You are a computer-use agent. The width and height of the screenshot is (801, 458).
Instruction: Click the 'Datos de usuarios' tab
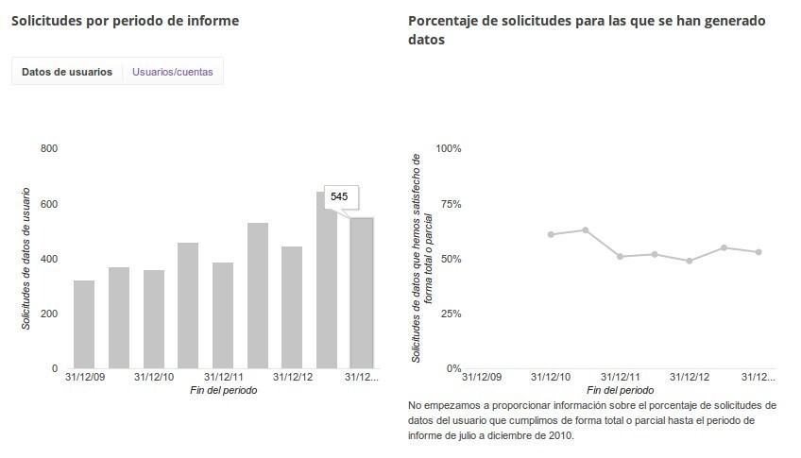(67, 72)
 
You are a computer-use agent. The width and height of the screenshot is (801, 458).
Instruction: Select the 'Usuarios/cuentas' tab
(172, 72)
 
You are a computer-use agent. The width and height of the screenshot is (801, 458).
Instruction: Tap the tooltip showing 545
(339, 196)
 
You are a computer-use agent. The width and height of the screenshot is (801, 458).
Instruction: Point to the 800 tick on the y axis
(49, 149)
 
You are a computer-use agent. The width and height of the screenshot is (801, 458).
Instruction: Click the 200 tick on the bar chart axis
(49, 314)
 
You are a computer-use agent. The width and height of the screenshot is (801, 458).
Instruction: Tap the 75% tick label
(449, 204)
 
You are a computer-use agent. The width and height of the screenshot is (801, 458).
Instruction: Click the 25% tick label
(449, 314)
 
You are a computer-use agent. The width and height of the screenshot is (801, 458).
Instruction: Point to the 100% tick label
(448, 149)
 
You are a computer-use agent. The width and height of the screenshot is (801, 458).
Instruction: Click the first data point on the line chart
(551, 234)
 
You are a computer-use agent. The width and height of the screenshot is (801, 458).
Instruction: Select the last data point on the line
(758, 252)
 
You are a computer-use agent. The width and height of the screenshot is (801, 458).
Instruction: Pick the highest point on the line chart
(586, 229)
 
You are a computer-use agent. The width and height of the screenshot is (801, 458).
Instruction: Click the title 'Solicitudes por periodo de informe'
(125, 21)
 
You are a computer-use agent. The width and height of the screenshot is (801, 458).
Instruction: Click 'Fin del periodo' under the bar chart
(223, 390)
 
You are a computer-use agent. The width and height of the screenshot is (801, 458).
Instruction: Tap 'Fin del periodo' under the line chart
(619, 390)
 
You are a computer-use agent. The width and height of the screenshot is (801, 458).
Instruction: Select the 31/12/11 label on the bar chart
(223, 377)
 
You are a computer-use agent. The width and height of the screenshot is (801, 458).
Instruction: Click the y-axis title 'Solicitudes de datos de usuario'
(26, 259)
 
